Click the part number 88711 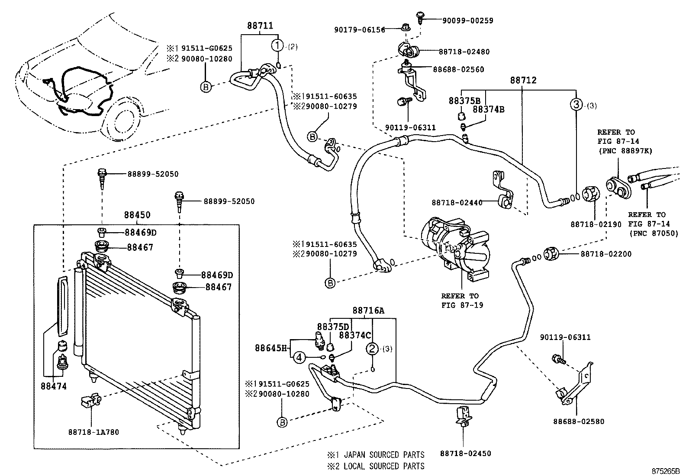pos(260,26)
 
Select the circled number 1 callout pos(277,45)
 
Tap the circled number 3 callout pos(576,104)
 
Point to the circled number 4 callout pos(299,357)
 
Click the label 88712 pos(523,80)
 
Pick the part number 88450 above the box pos(137,215)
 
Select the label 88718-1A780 pos(93,432)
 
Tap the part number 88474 pos(54,385)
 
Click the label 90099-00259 pos(467,20)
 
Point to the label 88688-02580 pos(579,421)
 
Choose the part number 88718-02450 pos(466,453)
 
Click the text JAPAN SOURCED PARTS pos(384,455)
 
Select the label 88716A pos(368,310)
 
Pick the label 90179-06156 pos(360,30)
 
